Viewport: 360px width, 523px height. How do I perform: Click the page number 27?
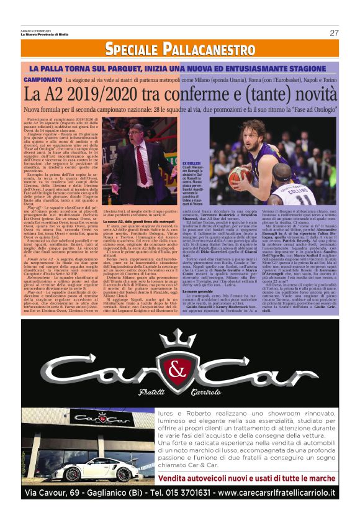pyautogui.click(x=333, y=33)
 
